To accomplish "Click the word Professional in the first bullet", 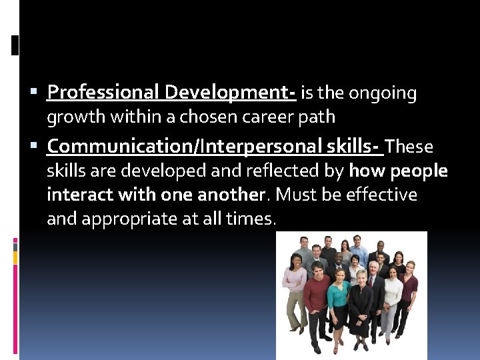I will click(x=103, y=92).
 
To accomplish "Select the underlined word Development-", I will click(x=230, y=92).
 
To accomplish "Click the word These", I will click(x=409, y=146).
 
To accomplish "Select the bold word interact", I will click(x=73, y=195).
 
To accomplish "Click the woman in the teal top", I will click(x=338, y=300).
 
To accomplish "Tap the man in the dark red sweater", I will click(x=317, y=297).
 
